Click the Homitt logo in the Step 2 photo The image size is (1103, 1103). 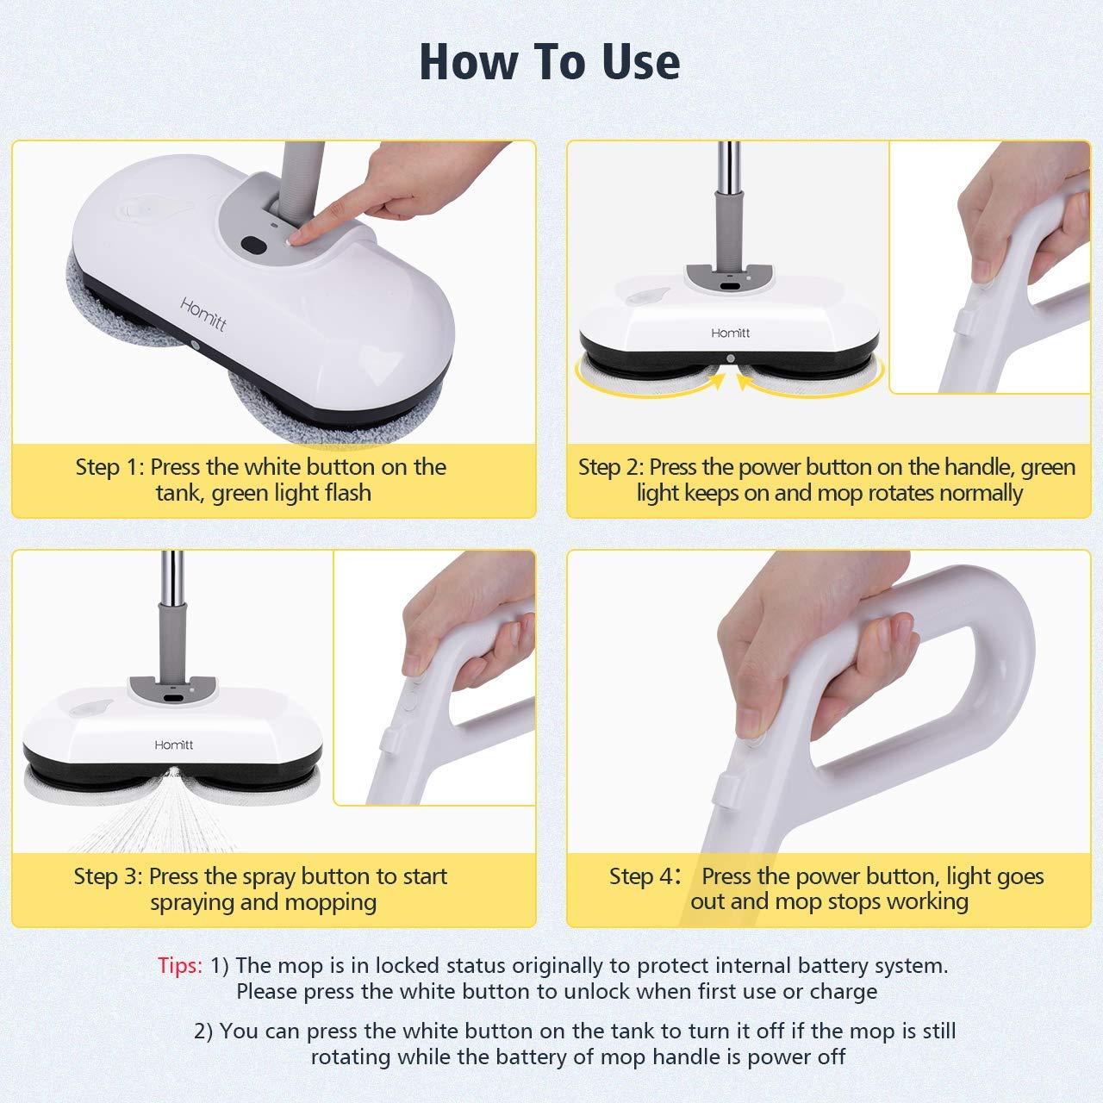pyautogui.click(x=730, y=333)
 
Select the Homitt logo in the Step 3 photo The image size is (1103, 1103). pyautogui.click(x=173, y=744)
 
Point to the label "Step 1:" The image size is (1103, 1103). pyautogui.click(x=109, y=468)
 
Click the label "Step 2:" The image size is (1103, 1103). pyautogui.click(x=610, y=468)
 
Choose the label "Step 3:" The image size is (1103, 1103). pyautogui.click(x=108, y=877)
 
